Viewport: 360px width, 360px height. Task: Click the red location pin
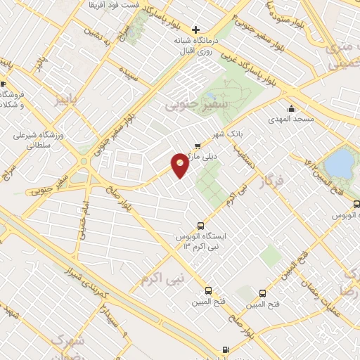click(x=181, y=164)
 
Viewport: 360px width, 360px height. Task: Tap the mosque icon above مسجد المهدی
click(x=292, y=108)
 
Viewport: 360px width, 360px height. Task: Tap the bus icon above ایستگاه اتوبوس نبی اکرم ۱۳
click(x=201, y=226)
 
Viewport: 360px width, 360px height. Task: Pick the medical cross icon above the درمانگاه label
click(x=195, y=29)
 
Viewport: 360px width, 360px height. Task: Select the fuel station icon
click(x=225, y=350)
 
